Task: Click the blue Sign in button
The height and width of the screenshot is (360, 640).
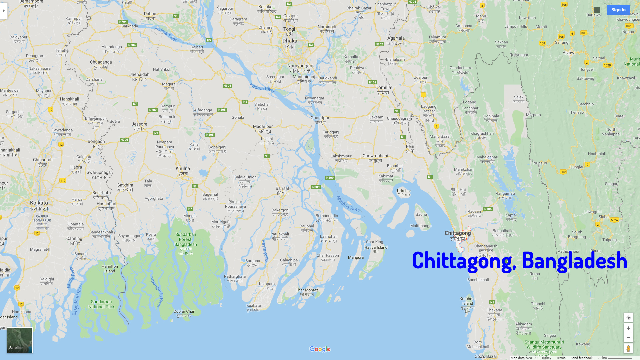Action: pyautogui.click(x=618, y=10)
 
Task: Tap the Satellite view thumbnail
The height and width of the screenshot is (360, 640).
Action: pyautogui.click(x=20, y=340)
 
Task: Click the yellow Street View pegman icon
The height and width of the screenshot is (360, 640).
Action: pyautogui.click(x=628, y=349)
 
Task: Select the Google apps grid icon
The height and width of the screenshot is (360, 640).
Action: pyautogui.click(x=597, y=10)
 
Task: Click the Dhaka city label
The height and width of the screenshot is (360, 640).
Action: pyautogui.click(x=290, y=41)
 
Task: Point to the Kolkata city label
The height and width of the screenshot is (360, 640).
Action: pyautogui.click(x=39, y=203)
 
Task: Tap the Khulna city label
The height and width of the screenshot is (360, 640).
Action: pyautogui.click(x=183, y=169)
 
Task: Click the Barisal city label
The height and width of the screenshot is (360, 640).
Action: pyautogui.click(x=282, y=189)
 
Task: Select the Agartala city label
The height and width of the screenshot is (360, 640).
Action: pyautogui.click(x=396, y=38)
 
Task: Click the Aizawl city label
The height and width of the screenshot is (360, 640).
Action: pyautogui.click(x=569, y=53)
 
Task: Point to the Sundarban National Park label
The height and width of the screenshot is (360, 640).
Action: pyautogui.click(x=101, y=304)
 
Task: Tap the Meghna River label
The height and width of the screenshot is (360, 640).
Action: pyautogui.click(x=348, y=204)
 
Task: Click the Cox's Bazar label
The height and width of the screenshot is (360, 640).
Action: pyautogui.click(x=486, y=356)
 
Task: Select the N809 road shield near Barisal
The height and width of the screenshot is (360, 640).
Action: pyautogui.click(x=316, y=187)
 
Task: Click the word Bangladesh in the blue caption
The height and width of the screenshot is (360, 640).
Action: pyautogui.click(x=574, y=261)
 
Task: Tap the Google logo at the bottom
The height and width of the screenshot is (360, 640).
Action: pyautogui.click(x=320, y=349)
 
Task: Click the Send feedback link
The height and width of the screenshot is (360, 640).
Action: pyautogui.click(x=581, y=358)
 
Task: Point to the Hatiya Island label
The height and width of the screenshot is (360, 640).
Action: pyautogui.click(x=376, y=247)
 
